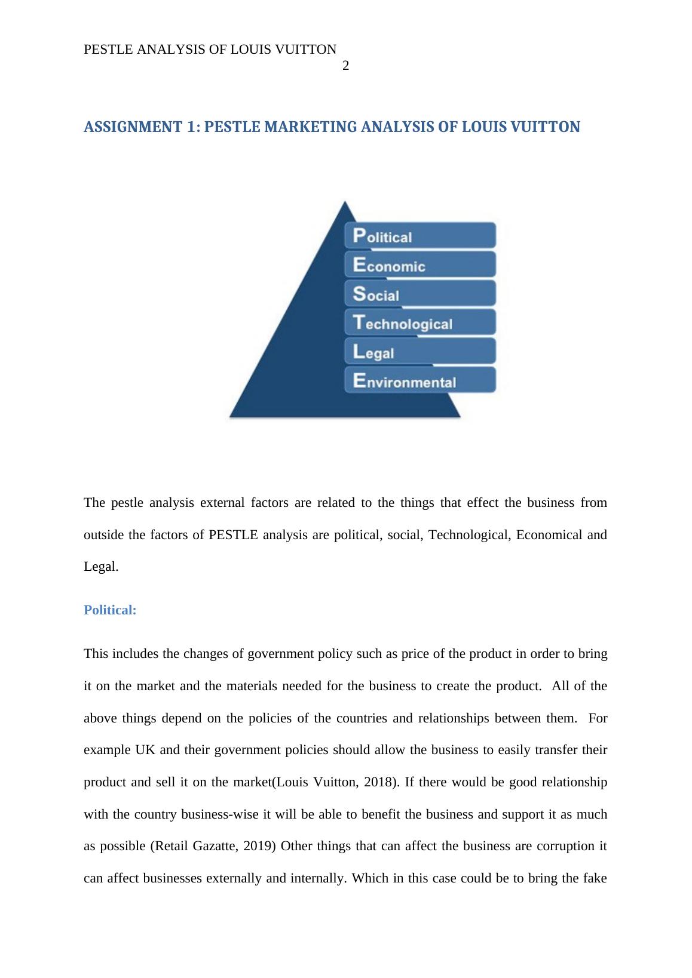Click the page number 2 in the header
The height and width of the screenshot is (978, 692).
[345, 66]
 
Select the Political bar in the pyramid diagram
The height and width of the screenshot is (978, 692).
[420, 236]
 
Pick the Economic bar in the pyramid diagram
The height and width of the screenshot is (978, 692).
[420, 265]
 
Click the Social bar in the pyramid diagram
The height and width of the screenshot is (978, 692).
[420, 294]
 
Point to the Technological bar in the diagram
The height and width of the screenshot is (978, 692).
[420, 323]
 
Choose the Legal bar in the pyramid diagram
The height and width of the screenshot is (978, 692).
[420, 352]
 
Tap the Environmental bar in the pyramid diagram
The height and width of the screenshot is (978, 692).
[420, 381]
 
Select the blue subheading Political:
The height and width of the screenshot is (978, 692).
[110, 610]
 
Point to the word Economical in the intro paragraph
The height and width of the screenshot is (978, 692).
[549, 535]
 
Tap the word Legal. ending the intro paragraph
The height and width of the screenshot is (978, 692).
[101, 567]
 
